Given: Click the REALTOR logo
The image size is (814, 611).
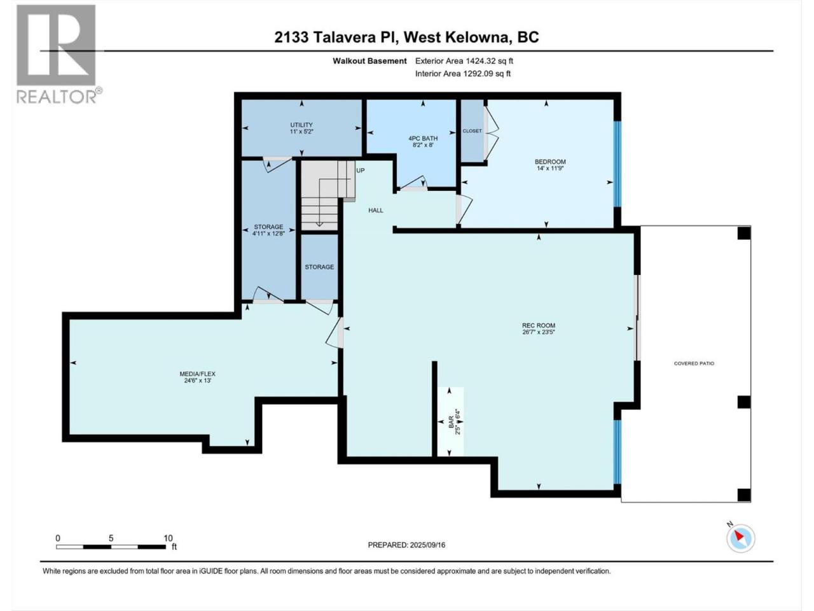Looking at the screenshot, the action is click(x=59, y=54).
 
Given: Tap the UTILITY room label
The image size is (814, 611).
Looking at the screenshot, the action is click(x=301, y=125).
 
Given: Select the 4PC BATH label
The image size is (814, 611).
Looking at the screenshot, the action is click(x=423, y=138).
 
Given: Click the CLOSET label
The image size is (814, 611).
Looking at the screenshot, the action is click(x=472, y=131).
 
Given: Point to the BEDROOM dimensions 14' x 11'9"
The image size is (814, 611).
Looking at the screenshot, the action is click(x=550, y=169).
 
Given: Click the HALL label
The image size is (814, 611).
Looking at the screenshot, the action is click(x=376, y=210).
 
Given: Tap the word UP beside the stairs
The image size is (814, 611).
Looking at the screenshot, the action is click(x=361, y=171).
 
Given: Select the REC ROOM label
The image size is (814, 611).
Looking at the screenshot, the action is click(x=539, y=325).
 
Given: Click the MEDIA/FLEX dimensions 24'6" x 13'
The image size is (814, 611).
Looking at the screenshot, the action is click(x=198, y=381).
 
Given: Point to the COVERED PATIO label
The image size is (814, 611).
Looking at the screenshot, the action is click(x=694, y=363).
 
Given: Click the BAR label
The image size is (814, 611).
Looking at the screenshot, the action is click(x=451, y=422).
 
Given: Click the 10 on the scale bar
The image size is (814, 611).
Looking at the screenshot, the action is click(x=168, y=538).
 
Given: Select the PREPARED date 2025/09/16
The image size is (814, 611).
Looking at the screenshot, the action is click(x=427, y=545).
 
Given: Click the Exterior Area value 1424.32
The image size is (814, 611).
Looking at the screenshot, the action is click(x=479, y=61).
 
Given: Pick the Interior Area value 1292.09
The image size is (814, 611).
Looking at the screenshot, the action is click(x=478, y=73).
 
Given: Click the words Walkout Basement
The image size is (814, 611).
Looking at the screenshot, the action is click(x=369, y=61).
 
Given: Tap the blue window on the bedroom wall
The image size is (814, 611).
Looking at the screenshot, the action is click(x=617, y=164).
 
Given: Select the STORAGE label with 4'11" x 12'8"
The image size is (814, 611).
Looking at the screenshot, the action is click(x=268, y=227).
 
